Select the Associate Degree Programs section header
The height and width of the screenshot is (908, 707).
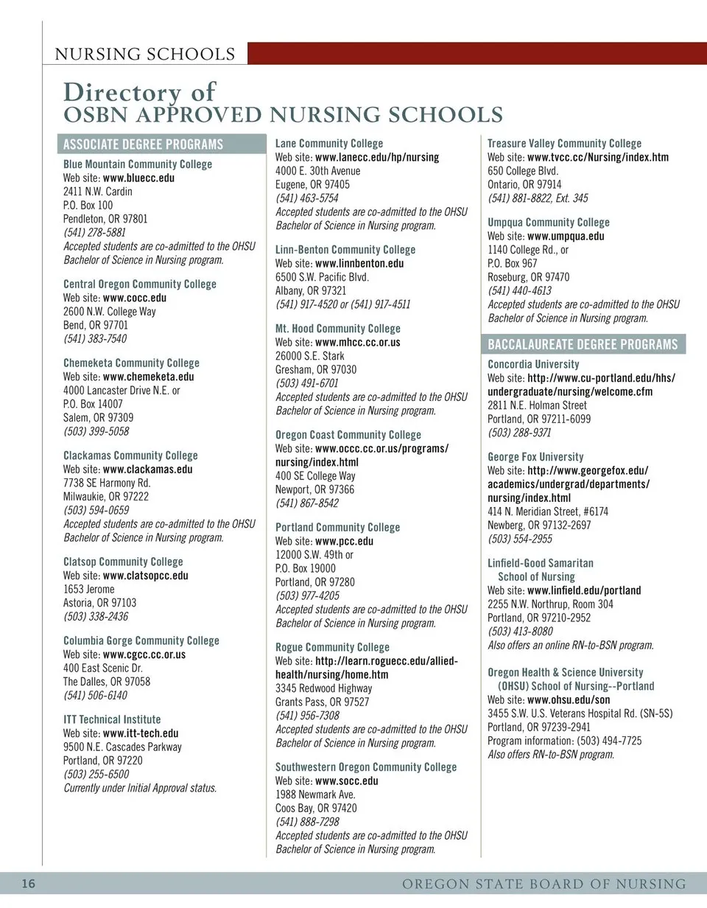pos(143,144)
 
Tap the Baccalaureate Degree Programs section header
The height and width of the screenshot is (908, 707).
pos(583,345)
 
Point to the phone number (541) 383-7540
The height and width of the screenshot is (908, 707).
pos(94,339)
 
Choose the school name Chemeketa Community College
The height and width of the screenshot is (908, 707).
pos(131,363)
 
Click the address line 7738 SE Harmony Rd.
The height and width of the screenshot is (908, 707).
pos(107,483)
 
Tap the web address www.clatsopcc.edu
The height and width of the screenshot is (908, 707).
pos(145,576)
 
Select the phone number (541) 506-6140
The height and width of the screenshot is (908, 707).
pos(95,696)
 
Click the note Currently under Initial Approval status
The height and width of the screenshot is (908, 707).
pos(140,788)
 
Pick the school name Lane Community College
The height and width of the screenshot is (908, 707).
pos(329,143)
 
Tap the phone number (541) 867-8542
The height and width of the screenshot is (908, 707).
pos(307,503)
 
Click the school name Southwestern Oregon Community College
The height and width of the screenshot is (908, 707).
pos(366,766)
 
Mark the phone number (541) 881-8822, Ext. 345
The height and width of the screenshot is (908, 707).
pos(538,198)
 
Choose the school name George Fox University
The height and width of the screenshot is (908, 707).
pos(535,457)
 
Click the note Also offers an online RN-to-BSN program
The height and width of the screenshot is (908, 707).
pos(571,645)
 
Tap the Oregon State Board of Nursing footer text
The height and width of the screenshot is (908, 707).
pos(544,884)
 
